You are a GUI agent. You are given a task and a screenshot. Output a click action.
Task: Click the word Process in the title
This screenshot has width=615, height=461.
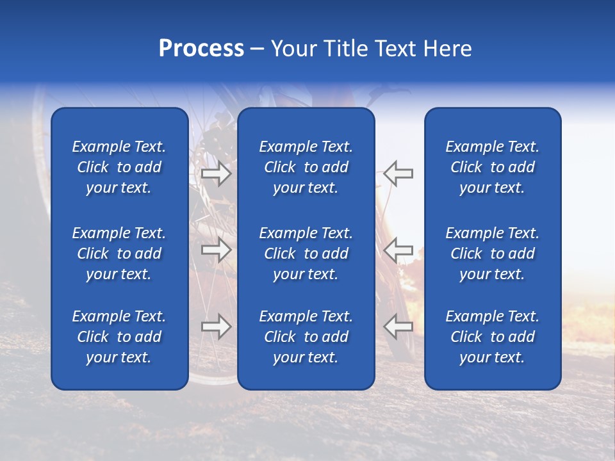[201, 49]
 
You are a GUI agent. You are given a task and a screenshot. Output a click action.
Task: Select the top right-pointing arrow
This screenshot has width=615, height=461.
[217, 174]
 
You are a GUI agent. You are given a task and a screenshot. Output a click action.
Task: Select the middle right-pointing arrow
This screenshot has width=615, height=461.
[217, 250]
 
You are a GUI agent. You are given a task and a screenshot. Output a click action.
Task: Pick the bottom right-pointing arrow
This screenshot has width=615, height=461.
[217, 327]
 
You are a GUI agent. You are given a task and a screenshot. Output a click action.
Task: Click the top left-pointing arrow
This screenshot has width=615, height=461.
[398, 174]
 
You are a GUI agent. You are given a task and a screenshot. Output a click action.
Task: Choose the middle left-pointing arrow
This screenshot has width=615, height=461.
[398, 250]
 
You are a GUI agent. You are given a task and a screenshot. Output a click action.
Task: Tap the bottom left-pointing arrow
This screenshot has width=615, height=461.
[398, 327]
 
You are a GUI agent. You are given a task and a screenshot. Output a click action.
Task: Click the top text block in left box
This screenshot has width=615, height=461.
[119, 167]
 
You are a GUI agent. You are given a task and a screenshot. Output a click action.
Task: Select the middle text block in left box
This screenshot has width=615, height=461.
[119, 254]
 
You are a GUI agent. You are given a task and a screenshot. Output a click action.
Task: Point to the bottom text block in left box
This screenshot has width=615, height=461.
[119, 337]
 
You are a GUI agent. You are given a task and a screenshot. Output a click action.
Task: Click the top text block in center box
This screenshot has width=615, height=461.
[306, 167]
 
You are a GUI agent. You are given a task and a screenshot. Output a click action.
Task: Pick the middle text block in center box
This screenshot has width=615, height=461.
[306, 254]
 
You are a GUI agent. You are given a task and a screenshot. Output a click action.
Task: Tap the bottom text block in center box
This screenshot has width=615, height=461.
[306, 337]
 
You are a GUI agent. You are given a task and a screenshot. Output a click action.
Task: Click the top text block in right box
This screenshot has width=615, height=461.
[492, 167]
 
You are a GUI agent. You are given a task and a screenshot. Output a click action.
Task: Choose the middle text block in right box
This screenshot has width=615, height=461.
[492, 254]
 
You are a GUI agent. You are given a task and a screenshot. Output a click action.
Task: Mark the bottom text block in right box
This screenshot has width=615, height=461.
[492, 337]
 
